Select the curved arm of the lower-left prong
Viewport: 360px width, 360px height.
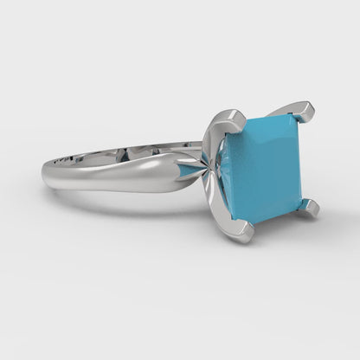coord(221,208)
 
